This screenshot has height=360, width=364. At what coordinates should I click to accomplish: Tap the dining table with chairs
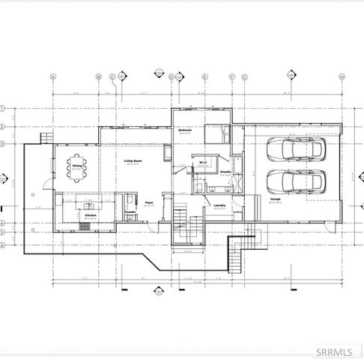click(x=77, y=169)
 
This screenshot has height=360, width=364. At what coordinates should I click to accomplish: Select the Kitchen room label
click(x=91, y=215)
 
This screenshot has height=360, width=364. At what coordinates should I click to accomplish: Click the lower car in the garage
click(x=296, y=182)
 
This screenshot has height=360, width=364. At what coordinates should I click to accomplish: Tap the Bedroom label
click(x=185, y=130)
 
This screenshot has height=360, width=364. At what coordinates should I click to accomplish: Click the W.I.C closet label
click(x=202, y=162)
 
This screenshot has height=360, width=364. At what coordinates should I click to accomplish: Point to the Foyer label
click(x=149, y=202)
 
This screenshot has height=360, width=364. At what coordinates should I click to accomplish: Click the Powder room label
click(x=130, y=212)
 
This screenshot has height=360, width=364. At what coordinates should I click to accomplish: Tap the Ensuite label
click(x=225, y=172)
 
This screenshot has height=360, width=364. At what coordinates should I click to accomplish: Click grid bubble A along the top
click(x=54, y=76)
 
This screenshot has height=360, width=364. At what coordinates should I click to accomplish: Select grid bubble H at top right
click(x=342, y=76)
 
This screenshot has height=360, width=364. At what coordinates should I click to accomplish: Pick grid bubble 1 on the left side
click(x=3, y=107)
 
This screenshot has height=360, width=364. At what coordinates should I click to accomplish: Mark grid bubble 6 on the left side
click(x=3, y=244)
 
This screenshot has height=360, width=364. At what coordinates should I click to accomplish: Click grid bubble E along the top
click(x=204, y=76)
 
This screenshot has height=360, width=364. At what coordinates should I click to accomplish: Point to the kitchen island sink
click(x=87, y=204)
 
